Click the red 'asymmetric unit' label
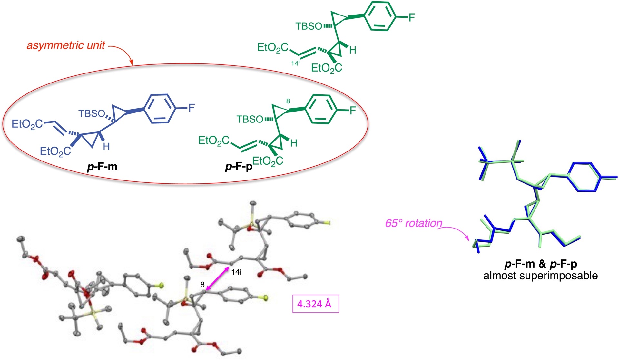tap(66, 45)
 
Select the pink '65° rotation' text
tap(414, 223)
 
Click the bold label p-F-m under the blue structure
tap(102, 167)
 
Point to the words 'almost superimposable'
tap(540, 276)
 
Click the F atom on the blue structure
tap(192, 108)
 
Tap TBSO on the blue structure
tap(92, 113)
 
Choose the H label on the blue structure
tap(106, 147)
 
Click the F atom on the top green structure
tap(412, 17)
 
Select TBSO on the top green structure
tap(309, 26)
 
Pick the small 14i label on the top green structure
tap(295, 63)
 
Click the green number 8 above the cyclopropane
tap(288, 101)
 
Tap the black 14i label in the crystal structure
tap(236, 272)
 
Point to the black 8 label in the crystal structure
tap(202, 285)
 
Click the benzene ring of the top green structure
tap(380, 16)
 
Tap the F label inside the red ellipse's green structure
tap(353, 111)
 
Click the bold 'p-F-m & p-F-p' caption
tap(540, 264)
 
